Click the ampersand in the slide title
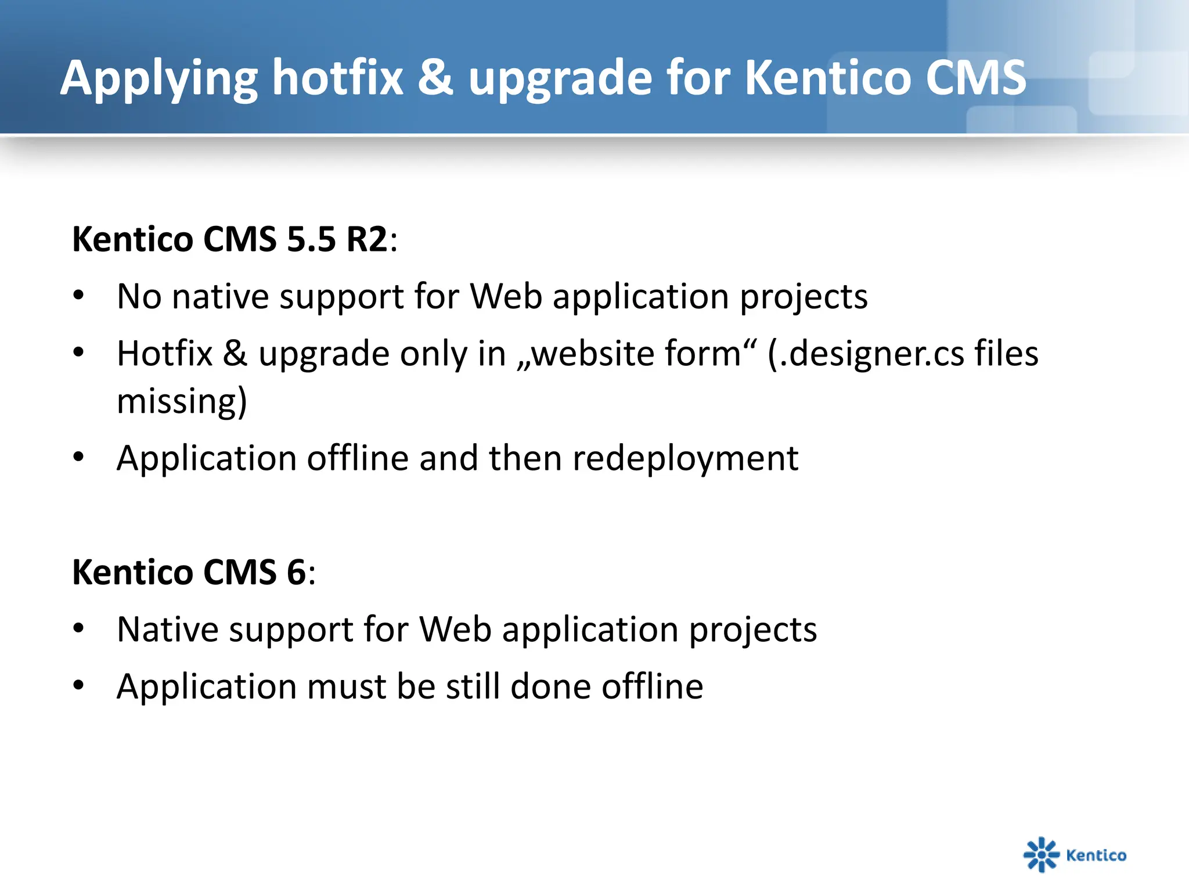[435, 78]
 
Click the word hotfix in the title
[338, 78]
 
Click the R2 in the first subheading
[366, 239]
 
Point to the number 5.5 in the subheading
[311, 239]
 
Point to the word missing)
[182, 401]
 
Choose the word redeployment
[685, 459]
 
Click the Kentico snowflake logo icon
[1041, 854]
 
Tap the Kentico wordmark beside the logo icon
[1096, 855]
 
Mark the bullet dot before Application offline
[79, 457]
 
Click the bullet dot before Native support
[79, 628]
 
